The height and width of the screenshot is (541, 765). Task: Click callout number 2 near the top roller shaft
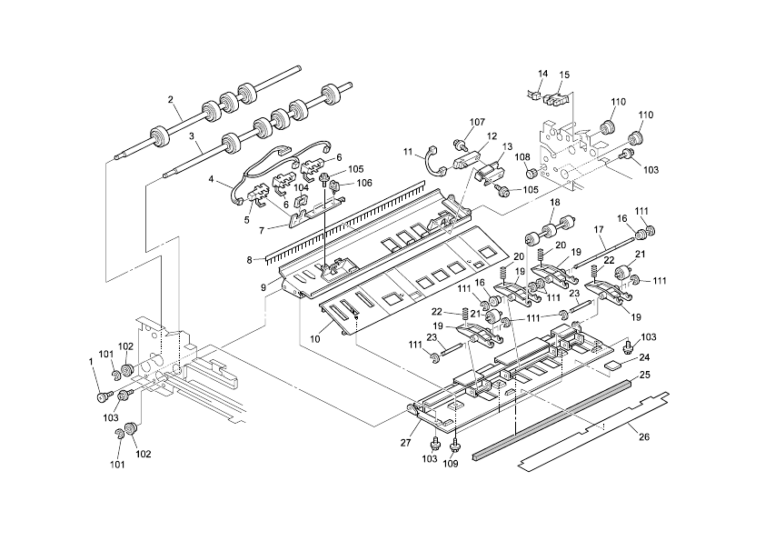pos(170,99)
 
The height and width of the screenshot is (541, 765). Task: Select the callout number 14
pos(543,74)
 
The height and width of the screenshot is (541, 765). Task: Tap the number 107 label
pos(478,122)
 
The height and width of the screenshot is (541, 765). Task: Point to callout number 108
pos(522,157)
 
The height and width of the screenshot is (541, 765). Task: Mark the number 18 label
pos(554,202)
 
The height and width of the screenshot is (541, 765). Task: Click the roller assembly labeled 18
pos(554,224)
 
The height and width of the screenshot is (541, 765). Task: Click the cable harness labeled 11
pos(430,165)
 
